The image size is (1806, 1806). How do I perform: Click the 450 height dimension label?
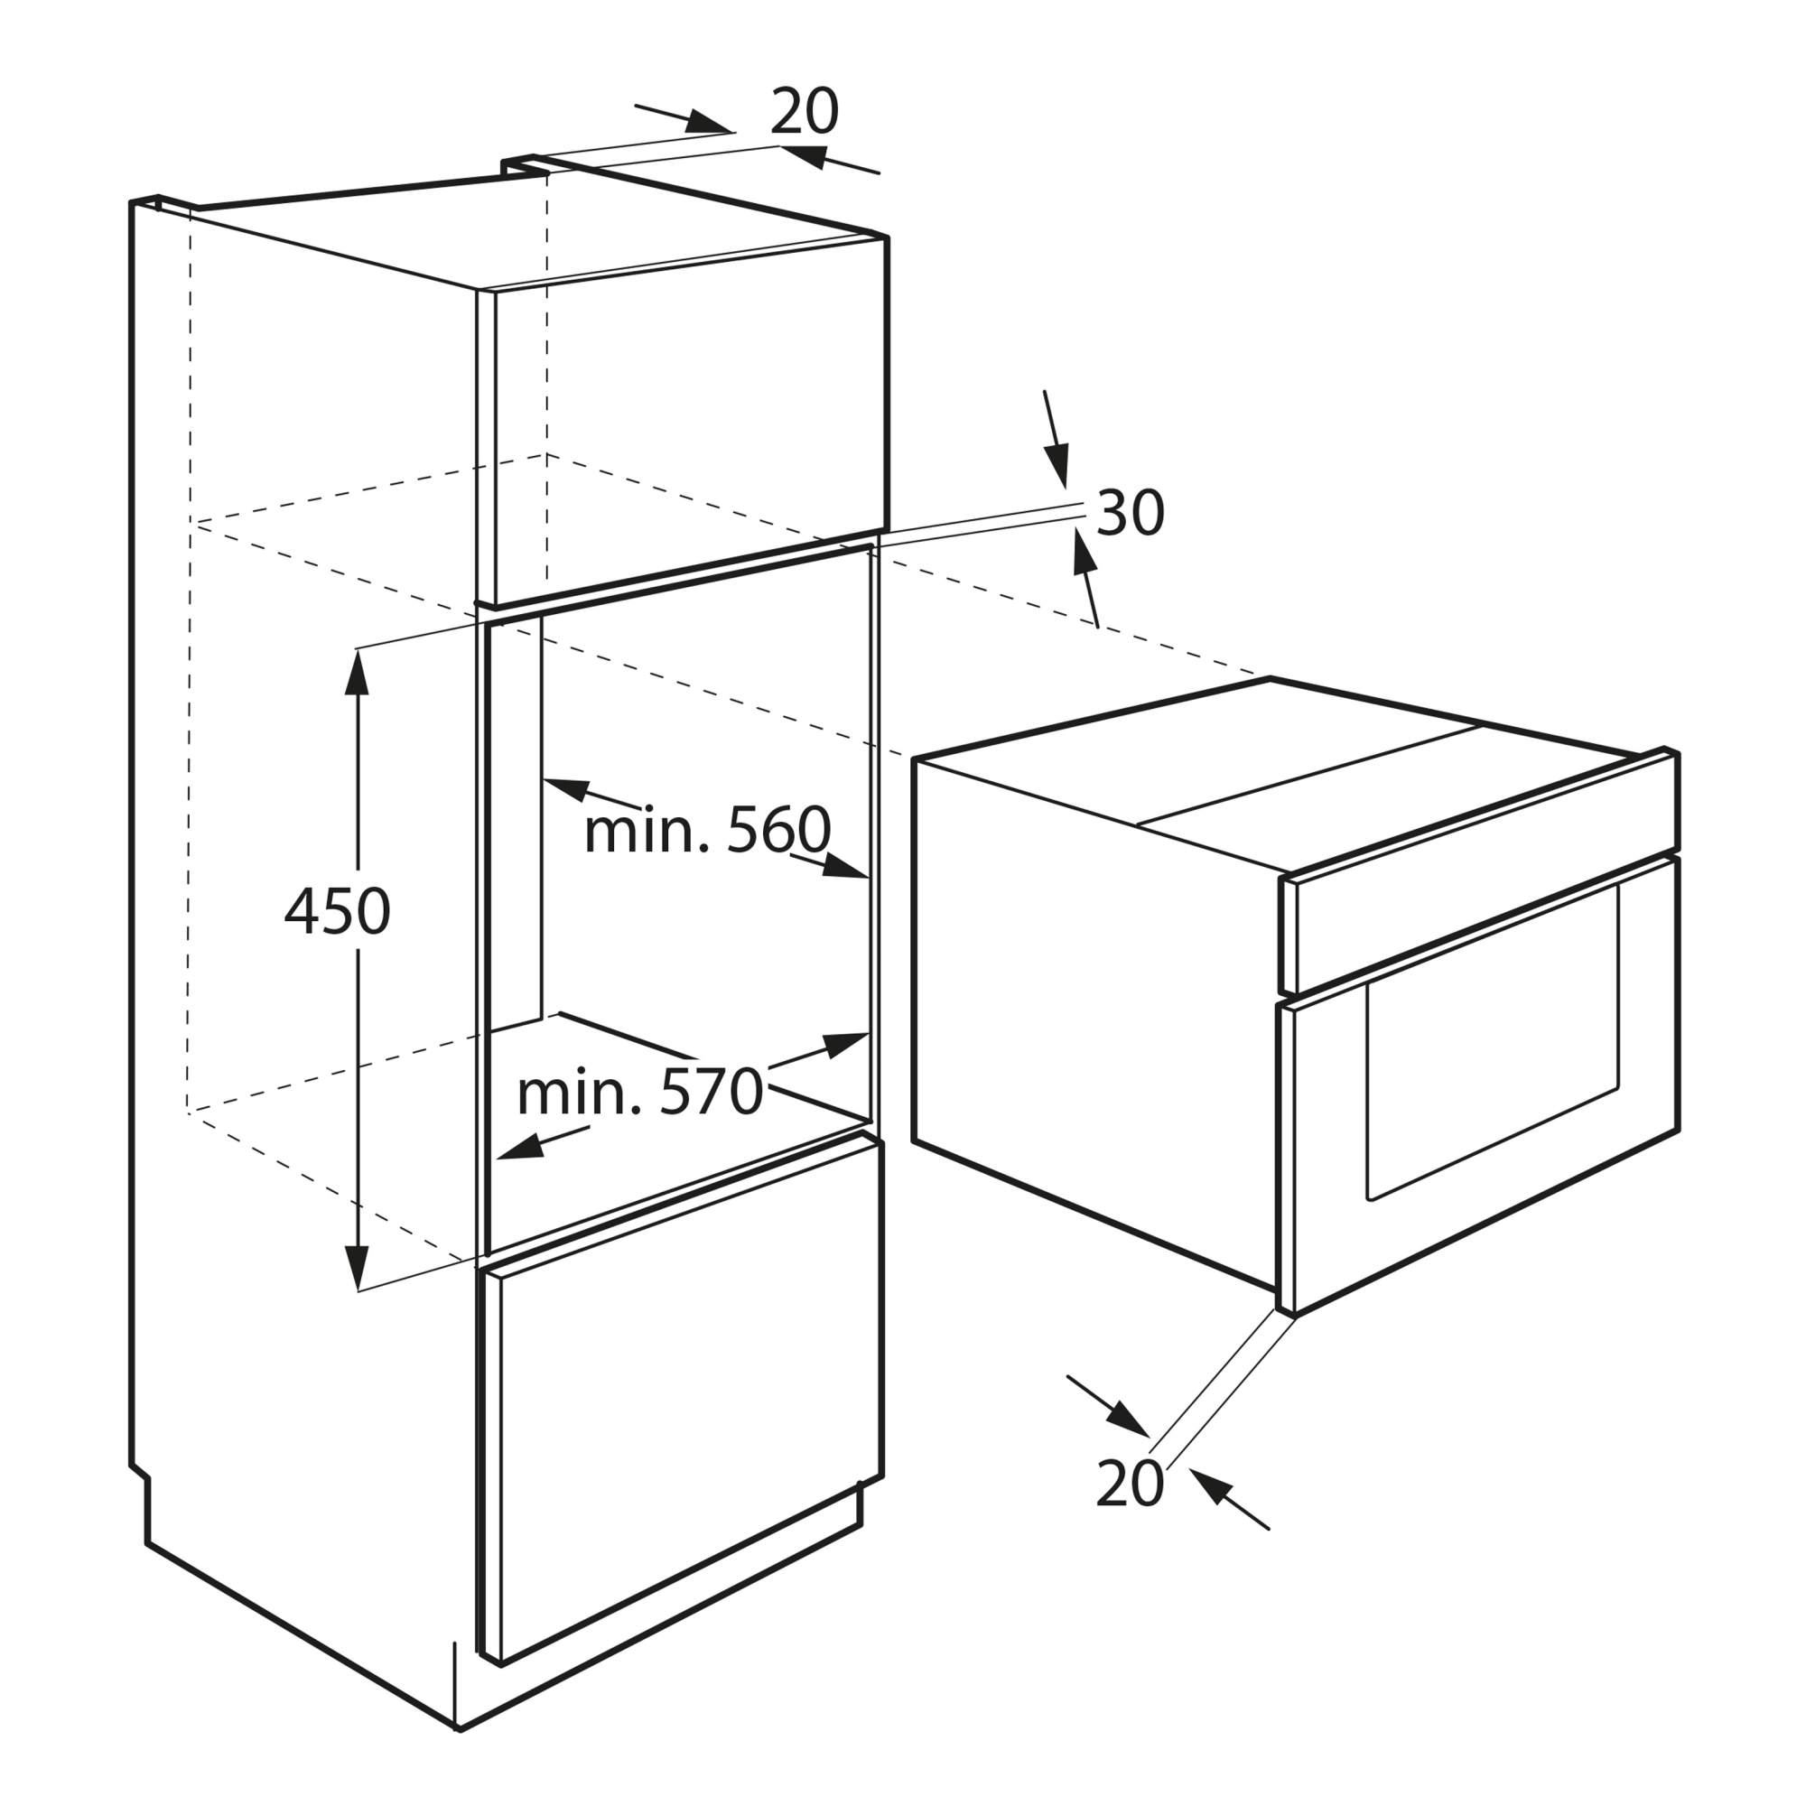(337, 911)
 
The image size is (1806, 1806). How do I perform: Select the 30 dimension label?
(1131, 512)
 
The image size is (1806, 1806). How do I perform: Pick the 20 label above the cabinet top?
(804, 112)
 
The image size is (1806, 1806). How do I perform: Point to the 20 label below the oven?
(1130, 1483)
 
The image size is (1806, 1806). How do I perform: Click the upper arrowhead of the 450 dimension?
(357, 673)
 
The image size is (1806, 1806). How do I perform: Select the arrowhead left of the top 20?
(708, 123)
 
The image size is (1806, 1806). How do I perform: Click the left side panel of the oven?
(1094, 1019)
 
